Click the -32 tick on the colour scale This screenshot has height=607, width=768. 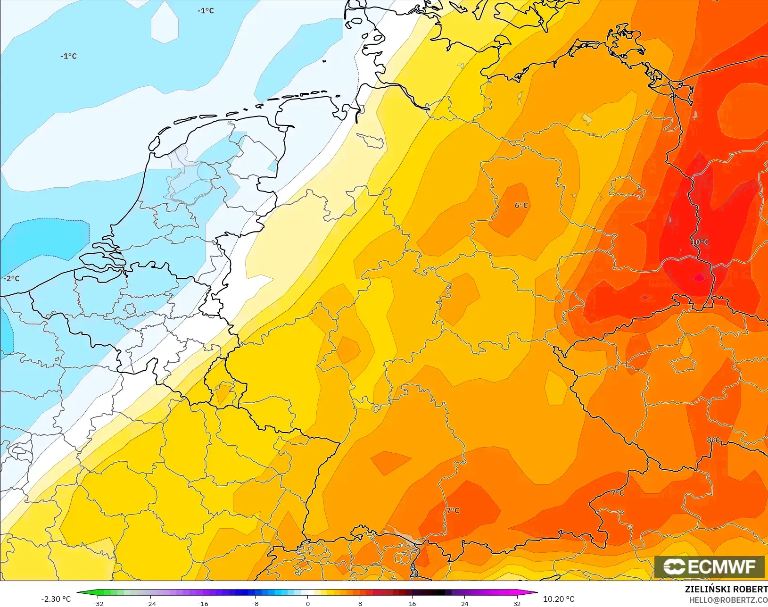tap(98, 603)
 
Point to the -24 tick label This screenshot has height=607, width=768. tap(150, 603)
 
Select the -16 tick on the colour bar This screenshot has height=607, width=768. tap(203, 603)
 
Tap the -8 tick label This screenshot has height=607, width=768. tap(255, 603)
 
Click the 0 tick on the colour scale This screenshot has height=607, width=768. tap(307, 603)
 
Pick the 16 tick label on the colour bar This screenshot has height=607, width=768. tap(413, 603)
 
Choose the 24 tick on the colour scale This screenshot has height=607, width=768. tap(465, 603)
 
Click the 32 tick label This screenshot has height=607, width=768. tap(517, 603)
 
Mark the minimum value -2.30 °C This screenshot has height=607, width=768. tap(56, 599)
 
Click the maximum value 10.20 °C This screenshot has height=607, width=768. tap(559, 599)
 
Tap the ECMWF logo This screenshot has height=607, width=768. tap(709, 566)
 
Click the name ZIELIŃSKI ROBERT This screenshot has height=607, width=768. tap(726, 589)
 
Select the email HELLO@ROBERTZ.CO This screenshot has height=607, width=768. tap(728, 600)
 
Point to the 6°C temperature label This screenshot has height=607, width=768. tap(521, 205)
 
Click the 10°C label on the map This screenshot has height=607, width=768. tap(700, 242)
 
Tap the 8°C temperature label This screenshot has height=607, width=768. tap(713, 440)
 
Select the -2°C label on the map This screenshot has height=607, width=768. tap(11, 278)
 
